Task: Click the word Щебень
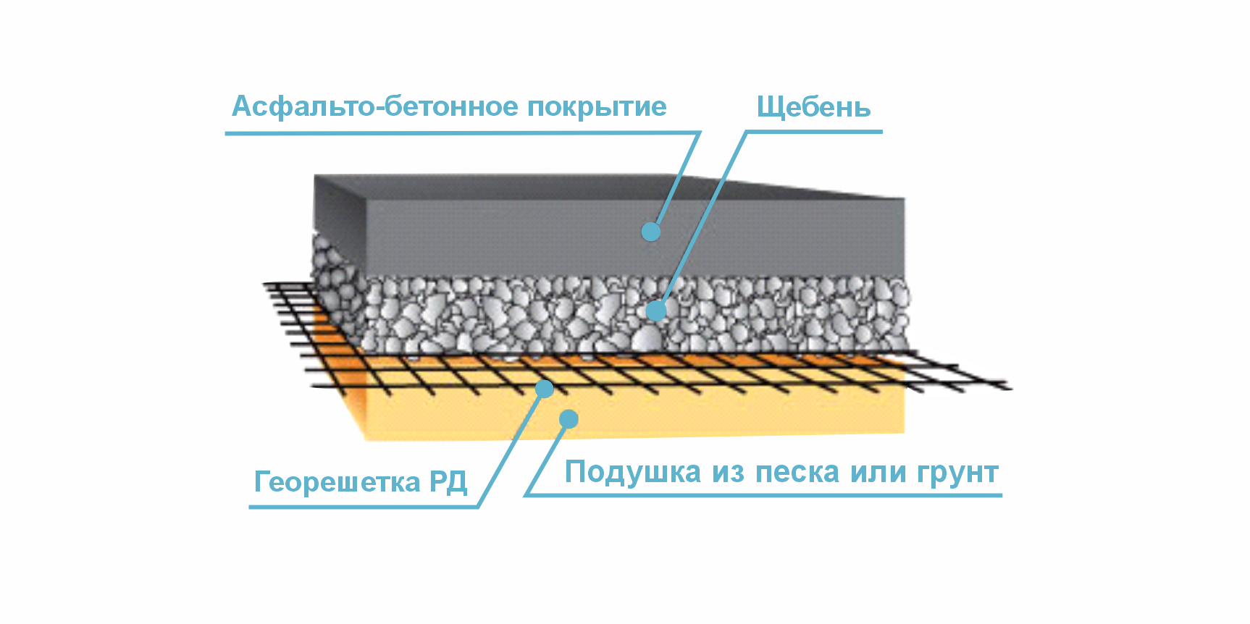point(813,107)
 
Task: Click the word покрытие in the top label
point(596,107)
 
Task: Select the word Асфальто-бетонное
point(374,107)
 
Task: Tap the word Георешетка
point(337,482)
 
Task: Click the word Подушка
point(633,473)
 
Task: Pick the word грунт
point(957,473)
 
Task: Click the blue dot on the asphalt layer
point(651,232)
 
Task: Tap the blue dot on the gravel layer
point(656,311)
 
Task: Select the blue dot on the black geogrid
point(544,389)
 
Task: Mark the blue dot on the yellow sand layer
point(569,418)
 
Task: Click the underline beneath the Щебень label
point(815,132)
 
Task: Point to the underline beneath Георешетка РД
point(362,507)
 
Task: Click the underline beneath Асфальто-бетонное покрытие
point(456,133)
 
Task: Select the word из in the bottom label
point(729,473)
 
